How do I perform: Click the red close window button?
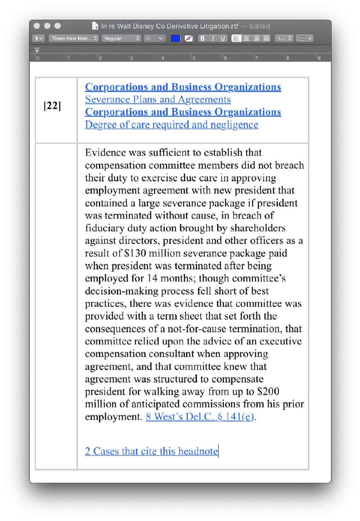[x=37, y=26]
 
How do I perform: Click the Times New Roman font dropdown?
[x=74, y=38]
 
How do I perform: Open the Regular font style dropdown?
[x=121, y=38]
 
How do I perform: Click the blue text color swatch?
[x=175, y=38]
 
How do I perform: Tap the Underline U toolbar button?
[x=223, y=38]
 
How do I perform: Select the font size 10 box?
[x=154, y=38]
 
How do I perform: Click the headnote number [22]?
[x=52, y=105]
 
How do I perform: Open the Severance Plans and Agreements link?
[x=157, y=99]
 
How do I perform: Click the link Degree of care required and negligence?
[x=172, y=125]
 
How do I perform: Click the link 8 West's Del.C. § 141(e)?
[x=200, y=417]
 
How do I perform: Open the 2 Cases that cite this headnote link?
[x=151, y=451]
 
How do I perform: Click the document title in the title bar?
[x=165, y=26]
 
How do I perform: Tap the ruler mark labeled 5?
[x=193, y=58]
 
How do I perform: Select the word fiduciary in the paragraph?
[x=106, y=228]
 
